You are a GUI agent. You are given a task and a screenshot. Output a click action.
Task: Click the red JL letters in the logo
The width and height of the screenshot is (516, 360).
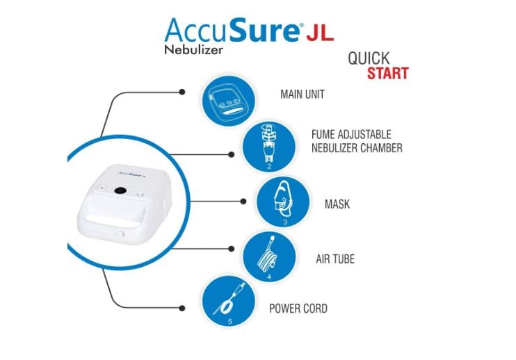[x=320, y=32]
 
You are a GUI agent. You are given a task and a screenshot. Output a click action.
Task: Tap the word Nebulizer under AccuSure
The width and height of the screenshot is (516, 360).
[x=193, y=49]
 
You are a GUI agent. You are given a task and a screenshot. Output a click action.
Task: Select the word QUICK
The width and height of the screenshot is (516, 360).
[x=369, y=58]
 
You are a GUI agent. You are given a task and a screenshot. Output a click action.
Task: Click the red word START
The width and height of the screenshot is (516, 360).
[x=387, y=73]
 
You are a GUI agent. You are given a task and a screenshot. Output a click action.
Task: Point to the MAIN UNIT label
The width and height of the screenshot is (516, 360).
[x=302, y=95]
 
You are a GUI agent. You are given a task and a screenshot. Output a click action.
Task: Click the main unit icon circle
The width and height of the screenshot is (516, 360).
[x=228, y=101]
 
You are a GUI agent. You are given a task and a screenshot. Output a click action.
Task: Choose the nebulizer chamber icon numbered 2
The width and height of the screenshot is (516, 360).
[x=269, y=147]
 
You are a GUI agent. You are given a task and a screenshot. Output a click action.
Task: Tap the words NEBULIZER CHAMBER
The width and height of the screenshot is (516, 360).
[x=357, y=148]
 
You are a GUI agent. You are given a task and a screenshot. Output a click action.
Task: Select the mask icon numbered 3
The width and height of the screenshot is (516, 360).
[x=283, y=202]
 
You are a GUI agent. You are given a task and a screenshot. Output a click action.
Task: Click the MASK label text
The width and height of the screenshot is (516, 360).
[x=337, y=204]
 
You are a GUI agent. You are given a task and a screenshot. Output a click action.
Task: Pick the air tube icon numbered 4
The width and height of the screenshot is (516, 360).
[x=269, y=256]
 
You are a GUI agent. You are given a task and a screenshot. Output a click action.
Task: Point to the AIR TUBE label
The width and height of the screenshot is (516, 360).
[x=335, y=259]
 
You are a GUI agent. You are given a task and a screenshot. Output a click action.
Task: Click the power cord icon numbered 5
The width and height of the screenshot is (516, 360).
[x=228, y=302]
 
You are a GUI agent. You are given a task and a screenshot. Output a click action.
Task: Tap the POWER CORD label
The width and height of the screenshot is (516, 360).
[x=298, y=309]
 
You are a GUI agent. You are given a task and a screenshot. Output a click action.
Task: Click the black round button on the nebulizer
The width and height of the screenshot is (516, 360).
[x=120, y=190]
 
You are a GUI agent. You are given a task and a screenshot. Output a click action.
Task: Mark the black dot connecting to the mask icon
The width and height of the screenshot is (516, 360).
[x=243, y=202]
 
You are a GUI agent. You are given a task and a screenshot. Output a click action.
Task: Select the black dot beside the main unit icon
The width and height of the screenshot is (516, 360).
[x=182, y=92]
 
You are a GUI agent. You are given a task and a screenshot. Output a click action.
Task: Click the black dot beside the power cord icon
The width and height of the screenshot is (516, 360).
[x=182, y=308]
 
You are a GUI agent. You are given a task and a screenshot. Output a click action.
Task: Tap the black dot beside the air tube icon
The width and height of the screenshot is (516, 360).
[x=232, y=249]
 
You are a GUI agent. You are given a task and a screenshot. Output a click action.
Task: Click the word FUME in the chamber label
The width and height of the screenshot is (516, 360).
[x=323, y=134]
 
